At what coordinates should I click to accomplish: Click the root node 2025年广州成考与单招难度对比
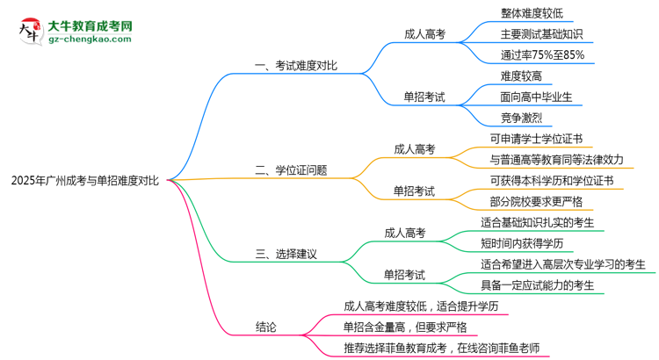(85, 180)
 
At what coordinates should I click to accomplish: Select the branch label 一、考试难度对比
(296, 66)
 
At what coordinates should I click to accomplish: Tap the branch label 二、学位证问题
(291, 170)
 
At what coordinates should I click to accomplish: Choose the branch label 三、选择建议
(286, 255)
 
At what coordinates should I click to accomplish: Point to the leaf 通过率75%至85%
(541, 54)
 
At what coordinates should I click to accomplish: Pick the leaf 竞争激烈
(521, 117)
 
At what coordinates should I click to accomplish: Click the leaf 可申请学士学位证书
(536, 139)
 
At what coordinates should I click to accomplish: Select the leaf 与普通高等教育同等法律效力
(556, 160)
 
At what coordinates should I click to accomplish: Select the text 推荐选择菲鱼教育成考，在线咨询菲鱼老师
(434, 348)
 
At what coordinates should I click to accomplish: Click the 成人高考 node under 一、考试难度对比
(424, 34)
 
